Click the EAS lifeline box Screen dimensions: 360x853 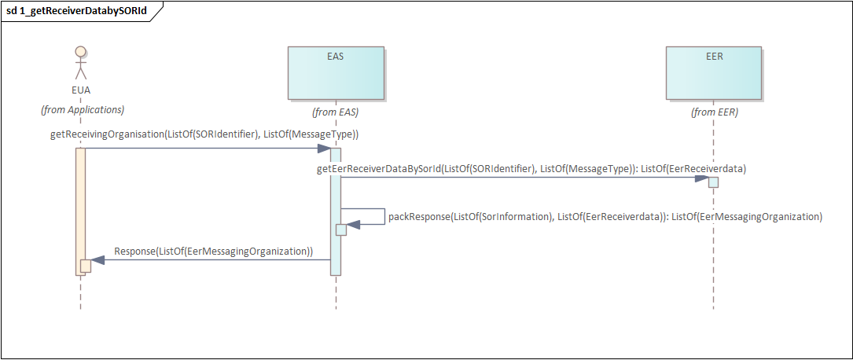coord(336,73)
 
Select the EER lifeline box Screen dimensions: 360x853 coord(714,73)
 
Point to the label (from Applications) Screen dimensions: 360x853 coord(83,109)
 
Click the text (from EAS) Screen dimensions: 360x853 coord(336,112)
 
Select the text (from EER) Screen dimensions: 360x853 coord(714,112)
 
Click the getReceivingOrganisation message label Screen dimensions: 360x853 coord(204,134)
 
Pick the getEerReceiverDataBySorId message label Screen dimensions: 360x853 coord(531,168)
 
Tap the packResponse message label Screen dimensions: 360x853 coord(605,216)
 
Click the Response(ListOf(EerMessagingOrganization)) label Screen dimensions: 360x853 coord(214,252)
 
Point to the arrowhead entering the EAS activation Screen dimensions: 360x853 coord(323,148)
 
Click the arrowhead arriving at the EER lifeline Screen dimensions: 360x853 coord(701,178)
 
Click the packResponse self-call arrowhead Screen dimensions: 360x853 coord(353,224)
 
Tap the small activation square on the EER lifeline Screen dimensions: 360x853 coord(713,182)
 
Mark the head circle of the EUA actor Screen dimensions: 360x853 coord(79,52)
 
